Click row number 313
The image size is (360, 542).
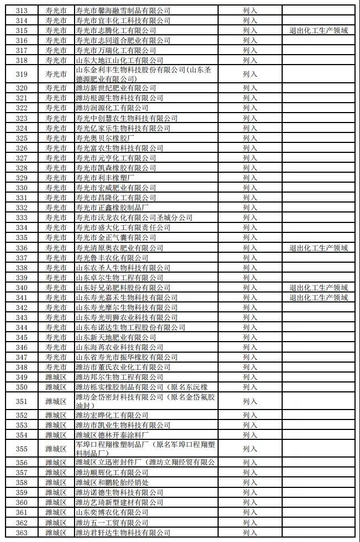pyautogui.click(x=22, y=10)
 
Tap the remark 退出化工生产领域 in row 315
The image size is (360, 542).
pyautogui.click(x=319, y=30)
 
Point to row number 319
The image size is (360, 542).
pyautogui.click(x=22, y=74)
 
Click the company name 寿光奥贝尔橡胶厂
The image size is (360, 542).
pyautogui.click(x=105, y=138)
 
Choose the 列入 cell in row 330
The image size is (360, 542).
pyautogui.click(x=250, y=188)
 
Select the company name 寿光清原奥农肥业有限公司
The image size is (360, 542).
pyautogui.click(x=119, y=248)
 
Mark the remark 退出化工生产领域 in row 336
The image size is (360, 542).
pyautogui.click(x=319, y=248)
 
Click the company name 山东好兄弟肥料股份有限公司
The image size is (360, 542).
pyautogui.click(x=123, y=288)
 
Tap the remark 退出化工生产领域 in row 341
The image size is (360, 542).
pyautogui.click(x=319, y=297)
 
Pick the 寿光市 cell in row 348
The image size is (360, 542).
pyautogui.click(x=56, y=367)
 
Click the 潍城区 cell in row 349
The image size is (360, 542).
pyautogui.click(x=56, y=377)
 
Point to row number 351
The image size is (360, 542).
pyautogui.click(x=22, y=401)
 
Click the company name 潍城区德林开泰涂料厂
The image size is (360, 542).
pyautogui.click(x=112, y=435)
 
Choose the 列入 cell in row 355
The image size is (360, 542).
pyautogui.click(x=250, y=449)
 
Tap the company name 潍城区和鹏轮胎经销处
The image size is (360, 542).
pyautogui.click(x=112, y=482)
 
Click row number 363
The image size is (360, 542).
pyautogui.click(x=22, y=532)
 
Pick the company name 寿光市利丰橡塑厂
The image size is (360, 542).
pyautogui.click(x=105, y=178)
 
